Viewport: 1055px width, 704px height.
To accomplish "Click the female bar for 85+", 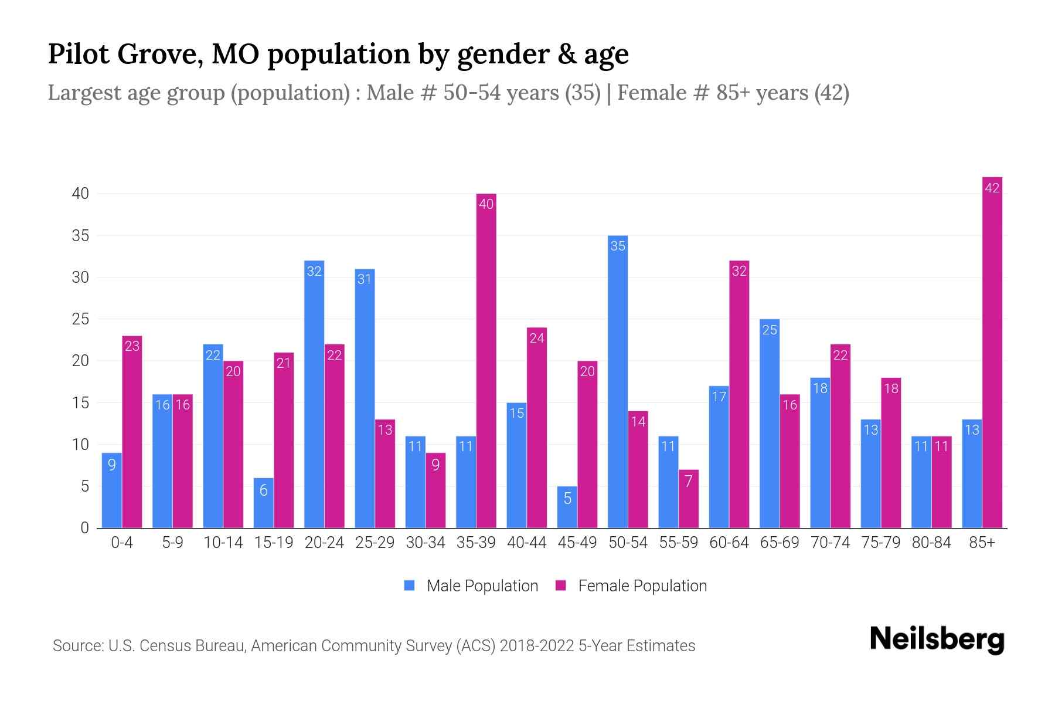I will coord(992,352).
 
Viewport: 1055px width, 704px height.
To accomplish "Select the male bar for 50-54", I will coord(618,381).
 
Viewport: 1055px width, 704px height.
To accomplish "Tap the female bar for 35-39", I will coord(486,361).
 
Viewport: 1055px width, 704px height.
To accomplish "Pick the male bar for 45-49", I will coord(567,507).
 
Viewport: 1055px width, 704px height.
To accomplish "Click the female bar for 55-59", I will coord(689,499).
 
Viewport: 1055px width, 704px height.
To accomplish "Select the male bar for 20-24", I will coord(314,394).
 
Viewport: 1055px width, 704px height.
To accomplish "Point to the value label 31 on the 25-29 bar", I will coord(365,279).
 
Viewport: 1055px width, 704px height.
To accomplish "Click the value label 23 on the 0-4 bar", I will coord(132,346).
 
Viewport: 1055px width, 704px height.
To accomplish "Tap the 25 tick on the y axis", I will coord(80,319).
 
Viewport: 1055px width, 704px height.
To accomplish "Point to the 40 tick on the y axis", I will coord(80,194).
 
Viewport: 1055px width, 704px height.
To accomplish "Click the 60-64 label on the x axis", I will coord(729,543).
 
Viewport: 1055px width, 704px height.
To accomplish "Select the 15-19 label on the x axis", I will coord(274,543).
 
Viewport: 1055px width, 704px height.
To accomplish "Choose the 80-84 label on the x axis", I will coord(931,543).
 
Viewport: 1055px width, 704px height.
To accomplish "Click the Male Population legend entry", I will coord(482,586).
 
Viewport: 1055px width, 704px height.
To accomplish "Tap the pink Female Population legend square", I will coord(561,585).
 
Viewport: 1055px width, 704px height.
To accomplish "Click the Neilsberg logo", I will coord(937,639).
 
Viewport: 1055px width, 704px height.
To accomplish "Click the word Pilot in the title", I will coord(79,54).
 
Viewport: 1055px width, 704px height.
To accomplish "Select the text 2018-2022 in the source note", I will coord(537,646).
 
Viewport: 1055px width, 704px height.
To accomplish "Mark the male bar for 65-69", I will coord(770,424).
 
